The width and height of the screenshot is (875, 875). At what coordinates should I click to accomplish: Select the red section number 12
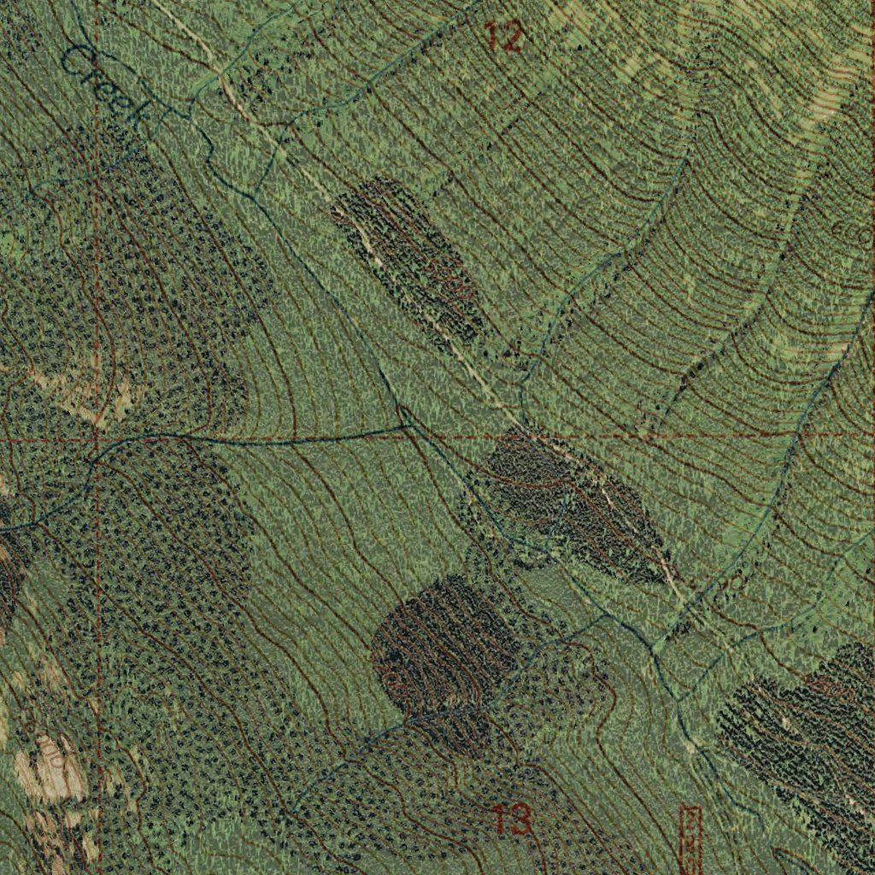[x=503, y=37]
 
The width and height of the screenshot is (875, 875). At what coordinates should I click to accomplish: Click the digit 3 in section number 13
[x=522, y=820]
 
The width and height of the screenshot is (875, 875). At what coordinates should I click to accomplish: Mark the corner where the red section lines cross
[x=97, y=439]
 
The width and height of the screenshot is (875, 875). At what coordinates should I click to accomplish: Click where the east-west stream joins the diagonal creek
[x=405, y=422]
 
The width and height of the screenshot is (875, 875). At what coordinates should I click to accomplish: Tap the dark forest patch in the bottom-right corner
[x=803, y=735]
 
